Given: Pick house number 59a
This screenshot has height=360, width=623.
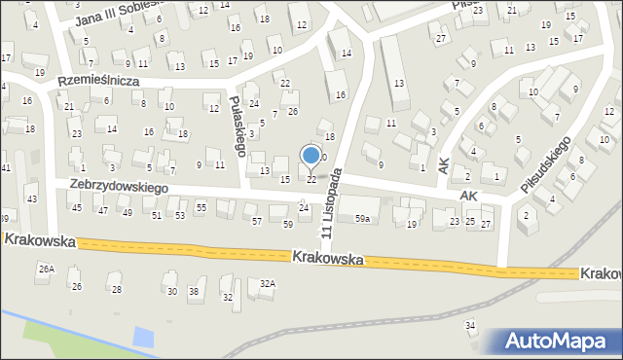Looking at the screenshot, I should click(x=362, y=219).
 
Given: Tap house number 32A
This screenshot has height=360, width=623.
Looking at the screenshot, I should click(x=267, y=284).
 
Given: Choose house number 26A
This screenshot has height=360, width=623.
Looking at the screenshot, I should click(x=45, y=268).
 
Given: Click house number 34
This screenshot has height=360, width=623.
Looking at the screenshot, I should click(x=470, y=325).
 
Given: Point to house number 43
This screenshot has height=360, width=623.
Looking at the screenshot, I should click(x=31, y=198).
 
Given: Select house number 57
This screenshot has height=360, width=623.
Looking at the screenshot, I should click(x=256, y=222).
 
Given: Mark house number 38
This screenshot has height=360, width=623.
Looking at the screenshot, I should click(x=194, y=291).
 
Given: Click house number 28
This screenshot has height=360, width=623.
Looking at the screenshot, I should click(x=117, y=289).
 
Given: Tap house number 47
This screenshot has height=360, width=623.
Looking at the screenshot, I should click(x=101, y=210).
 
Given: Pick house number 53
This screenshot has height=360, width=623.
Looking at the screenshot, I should click(x=179, y=215).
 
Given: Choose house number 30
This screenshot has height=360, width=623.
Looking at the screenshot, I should click(x=171, y=291).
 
